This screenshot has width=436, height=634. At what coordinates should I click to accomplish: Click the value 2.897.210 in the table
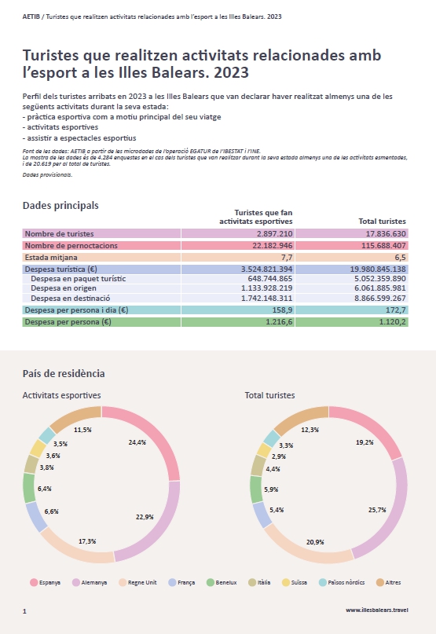tap(274, 233)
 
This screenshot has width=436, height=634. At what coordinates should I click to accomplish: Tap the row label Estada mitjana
tap(51, 257)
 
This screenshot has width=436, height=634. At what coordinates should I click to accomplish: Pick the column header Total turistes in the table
tap(383, 222)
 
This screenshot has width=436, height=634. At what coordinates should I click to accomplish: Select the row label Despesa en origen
tap(64, 288)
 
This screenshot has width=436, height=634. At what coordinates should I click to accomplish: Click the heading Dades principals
tap(60, 205)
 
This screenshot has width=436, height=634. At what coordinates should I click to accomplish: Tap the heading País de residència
tap(64, 373)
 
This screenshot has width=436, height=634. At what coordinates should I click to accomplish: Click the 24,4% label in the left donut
tap(137, 442)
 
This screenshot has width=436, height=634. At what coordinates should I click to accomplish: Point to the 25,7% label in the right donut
tap(377, 510)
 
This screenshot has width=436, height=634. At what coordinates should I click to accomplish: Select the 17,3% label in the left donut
tap(87, 541)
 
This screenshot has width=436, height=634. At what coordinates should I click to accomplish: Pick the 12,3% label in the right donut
tap(310, 430)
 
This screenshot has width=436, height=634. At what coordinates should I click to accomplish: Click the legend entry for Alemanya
tap(90, 583)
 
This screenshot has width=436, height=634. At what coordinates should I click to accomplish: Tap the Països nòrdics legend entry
tap(342, 583)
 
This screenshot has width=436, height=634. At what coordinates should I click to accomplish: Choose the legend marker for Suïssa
tap(286, 583)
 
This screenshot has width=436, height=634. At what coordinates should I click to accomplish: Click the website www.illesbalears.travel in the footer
tap(377, 610)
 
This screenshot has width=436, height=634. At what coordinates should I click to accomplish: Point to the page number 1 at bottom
tap(24, 611)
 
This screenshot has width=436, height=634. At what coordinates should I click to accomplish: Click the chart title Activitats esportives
tap(61, 395)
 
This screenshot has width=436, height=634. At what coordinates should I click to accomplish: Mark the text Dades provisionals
tap(47, 175)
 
